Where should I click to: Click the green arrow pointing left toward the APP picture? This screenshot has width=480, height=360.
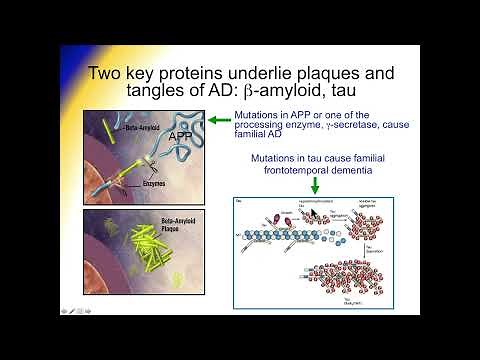point(218,120)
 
